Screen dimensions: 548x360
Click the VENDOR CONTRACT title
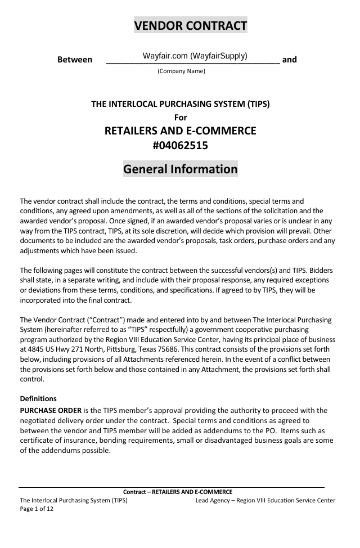tap(191, 25)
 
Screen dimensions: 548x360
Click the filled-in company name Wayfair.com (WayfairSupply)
tap(195, 56)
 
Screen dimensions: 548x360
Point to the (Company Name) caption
tap(181, 71)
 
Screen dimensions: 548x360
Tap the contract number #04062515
tap(180, 146)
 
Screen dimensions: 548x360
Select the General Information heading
tap(180, 169)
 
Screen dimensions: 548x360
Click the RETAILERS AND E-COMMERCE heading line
tap(180, 131)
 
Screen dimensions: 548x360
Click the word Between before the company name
tap(75, 60)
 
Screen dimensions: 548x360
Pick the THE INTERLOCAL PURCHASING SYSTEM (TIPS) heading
tap(180, 104)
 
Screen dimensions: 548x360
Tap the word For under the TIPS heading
tap(180, 118)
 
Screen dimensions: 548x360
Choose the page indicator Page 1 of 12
tap(37, 509)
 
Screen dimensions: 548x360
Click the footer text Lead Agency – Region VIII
tap(236, 500)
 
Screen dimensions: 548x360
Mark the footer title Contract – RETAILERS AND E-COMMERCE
tap(178, 492)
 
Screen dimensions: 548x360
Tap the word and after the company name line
tap(290, 60)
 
